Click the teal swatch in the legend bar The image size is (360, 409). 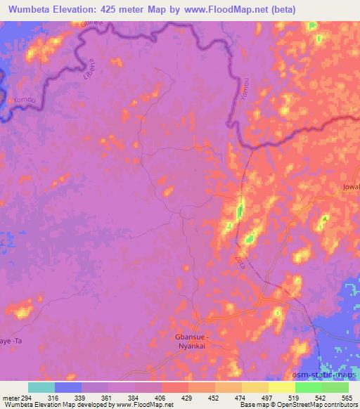[41, 387]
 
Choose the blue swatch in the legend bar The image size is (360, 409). [68, 387]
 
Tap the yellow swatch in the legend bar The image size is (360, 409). [282, 387]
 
